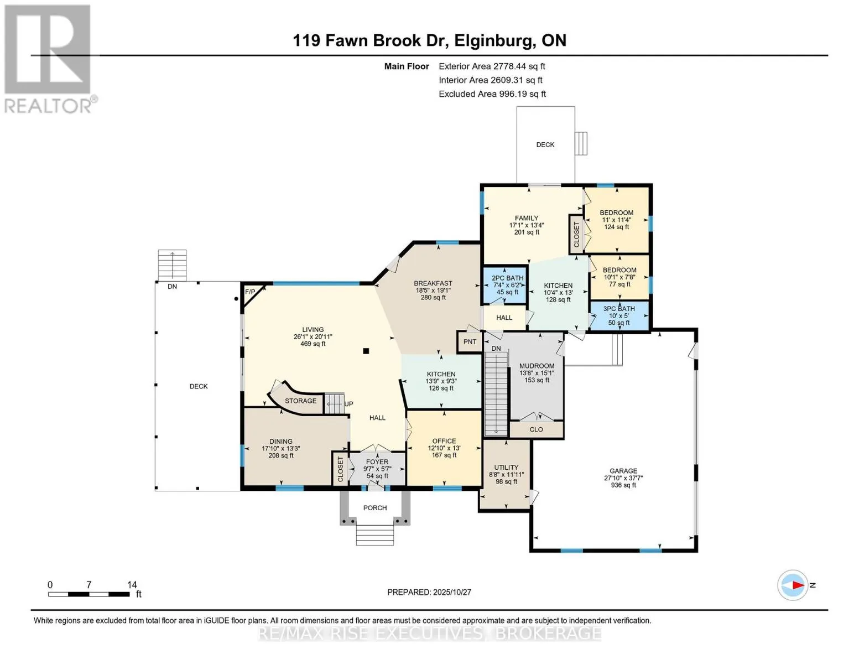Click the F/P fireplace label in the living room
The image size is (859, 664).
click(250, 292)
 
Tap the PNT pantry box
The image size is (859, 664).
click(470, 342)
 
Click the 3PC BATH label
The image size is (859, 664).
click(618, 309)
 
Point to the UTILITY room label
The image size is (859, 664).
click(506, 467)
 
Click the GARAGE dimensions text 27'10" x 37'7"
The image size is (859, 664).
click(623, 478)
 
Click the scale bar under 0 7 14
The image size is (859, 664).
click(88, 594)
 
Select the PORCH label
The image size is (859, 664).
click(375, 508)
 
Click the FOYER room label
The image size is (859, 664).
click(377, 461)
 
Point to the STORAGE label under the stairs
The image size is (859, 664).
click(300, 401)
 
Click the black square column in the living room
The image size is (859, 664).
click(366, 351)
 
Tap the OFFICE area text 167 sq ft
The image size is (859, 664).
click(444, 455)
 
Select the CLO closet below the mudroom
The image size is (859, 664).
click(536, 429)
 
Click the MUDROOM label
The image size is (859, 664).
click(537, 366)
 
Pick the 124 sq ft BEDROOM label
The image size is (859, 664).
click(616, 213)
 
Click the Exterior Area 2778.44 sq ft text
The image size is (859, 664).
click(492, 66)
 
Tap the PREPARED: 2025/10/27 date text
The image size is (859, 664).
click(429, 592)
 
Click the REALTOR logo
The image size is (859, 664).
click(49, 58)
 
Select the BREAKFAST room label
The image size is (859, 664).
click(433, 283)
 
